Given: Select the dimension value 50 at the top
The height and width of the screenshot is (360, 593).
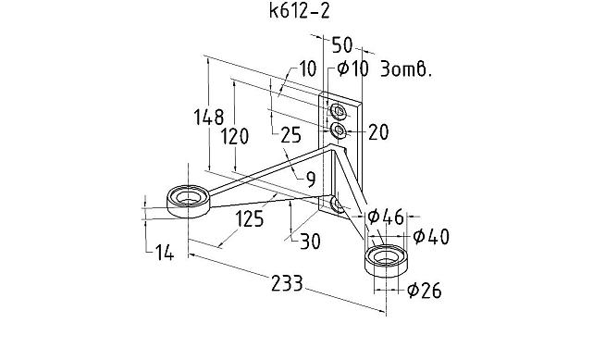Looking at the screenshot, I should [x=341, y=43].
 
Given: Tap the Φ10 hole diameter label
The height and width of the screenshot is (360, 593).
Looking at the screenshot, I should [x=354, y=69].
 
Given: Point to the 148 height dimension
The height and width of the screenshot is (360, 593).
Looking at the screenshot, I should [x=209, y=118].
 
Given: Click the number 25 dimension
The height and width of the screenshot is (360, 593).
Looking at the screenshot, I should [x=290, y=135].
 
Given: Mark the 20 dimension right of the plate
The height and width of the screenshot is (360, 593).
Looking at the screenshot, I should [x=378, y=132].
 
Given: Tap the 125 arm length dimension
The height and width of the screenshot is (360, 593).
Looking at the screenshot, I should [x=248, y=220].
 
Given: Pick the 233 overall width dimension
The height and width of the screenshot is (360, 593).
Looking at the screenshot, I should [x=287, y=285].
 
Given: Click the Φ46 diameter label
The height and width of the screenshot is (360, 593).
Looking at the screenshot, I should [x=386, y=217].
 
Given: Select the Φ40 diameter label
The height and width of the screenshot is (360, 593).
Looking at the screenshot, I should [x=431, y=236].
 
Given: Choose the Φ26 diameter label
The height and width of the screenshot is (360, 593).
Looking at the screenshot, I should [x=424, y=292].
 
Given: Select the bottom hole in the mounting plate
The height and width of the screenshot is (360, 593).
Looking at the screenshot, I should [x=336, y=202].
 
